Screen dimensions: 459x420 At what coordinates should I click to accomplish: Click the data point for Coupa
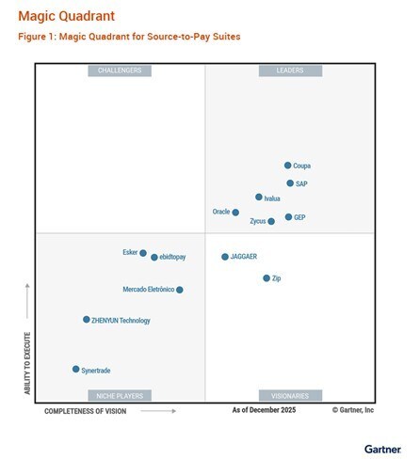288,166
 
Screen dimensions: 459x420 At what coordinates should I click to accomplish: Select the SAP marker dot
290,183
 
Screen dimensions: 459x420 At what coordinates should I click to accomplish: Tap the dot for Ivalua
259,198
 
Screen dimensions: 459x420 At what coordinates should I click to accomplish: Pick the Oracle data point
236,213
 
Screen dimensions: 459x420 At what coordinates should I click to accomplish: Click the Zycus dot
271,222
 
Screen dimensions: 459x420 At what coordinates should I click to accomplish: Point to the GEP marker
288,217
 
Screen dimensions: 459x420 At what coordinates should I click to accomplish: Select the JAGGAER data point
225,257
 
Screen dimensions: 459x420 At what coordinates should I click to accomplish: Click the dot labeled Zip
267,278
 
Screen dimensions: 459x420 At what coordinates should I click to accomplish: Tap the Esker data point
143,253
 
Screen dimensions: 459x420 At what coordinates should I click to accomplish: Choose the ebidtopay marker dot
154,257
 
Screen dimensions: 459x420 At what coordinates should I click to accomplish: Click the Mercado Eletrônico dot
180,290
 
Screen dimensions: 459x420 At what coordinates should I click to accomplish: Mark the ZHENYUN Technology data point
87,320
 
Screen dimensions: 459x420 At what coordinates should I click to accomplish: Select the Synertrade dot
76,370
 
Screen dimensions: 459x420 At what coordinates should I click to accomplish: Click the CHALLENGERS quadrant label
120,71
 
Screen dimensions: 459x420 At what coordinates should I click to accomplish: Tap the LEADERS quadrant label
289,71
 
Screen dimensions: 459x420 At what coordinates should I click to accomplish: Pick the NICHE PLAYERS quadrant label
120,396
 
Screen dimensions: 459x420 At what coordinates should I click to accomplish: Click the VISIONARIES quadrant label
289,396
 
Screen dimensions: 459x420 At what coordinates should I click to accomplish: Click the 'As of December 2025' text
264,411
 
